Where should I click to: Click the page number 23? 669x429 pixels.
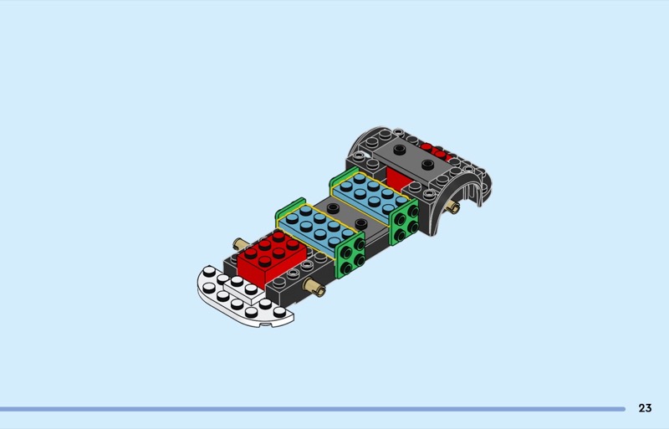(x=645, y=408)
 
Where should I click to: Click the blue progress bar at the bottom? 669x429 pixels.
(x=313, y=409)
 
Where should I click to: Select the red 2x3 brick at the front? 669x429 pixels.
(x=272, y=257)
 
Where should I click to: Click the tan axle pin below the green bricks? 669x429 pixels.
(x=315, y=288)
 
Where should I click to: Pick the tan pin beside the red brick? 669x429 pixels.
(x=240, y=244)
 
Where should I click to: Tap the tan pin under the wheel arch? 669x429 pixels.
(x=453, y=208)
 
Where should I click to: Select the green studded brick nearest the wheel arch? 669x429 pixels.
(x=404, y=222)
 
